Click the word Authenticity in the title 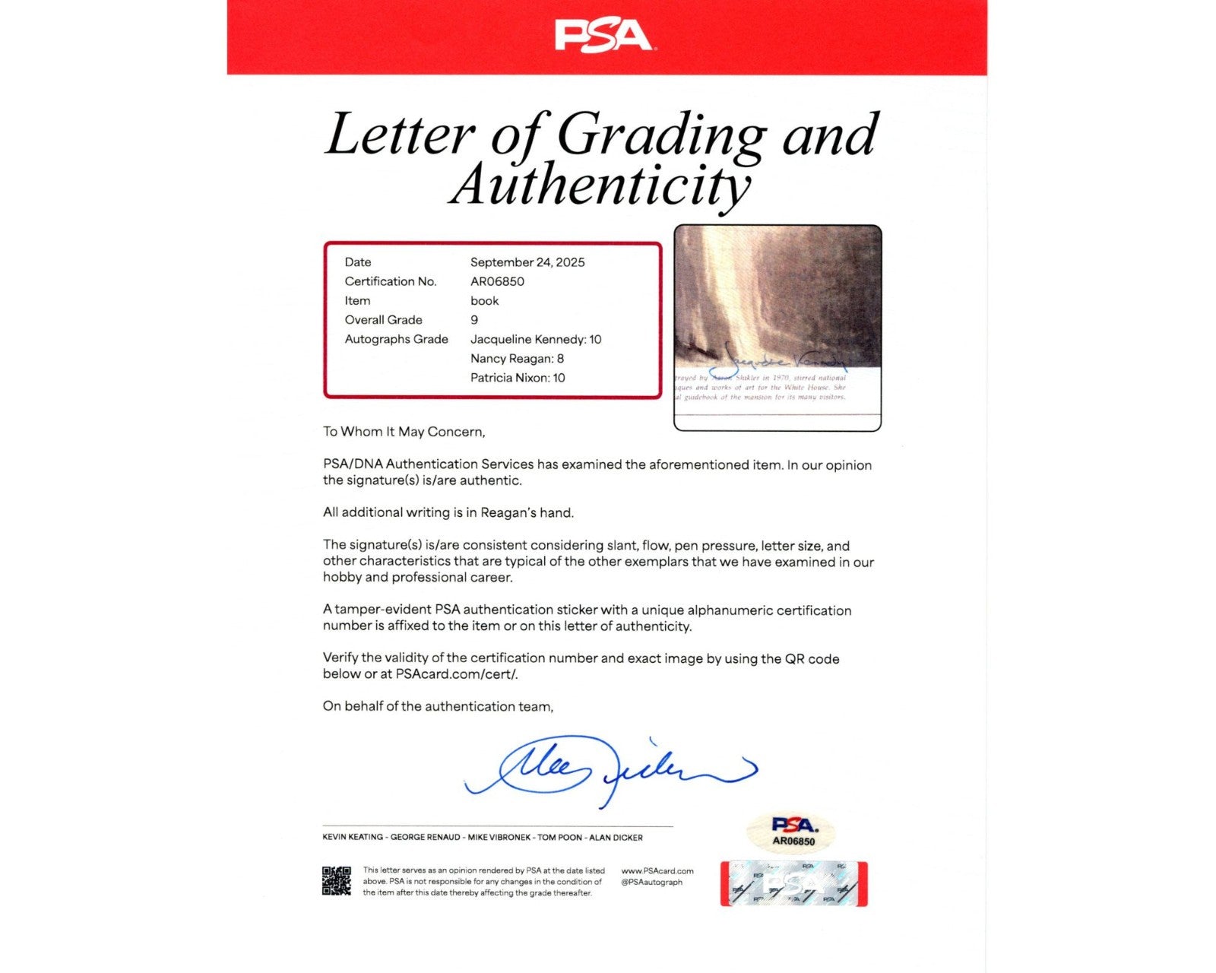tap(600, 185)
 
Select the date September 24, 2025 tap(527, 262)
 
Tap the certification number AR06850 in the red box tap(497, 281)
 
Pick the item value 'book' tap(484, 301)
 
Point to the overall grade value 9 tap(474, 320)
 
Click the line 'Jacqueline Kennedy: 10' tap(535, 340)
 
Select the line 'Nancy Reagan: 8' tap(517, 359)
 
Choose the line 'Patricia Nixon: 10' tap(518, 378)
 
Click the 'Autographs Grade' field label tap(396, 340)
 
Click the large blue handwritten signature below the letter tap(608, 769)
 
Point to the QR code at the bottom tap(337, 881)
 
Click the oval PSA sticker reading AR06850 tap(793, 831)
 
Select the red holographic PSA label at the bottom tap(793, 884)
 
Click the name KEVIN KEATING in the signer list tap(353, 838)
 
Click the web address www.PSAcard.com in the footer tap(657, 871)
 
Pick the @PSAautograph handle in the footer tap(651, 883)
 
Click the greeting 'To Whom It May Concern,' tap(404, 432)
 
